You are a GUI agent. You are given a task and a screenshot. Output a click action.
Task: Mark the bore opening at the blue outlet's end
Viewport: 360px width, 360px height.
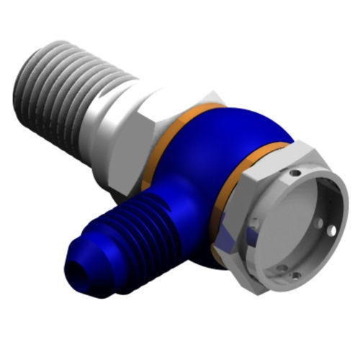(71, 273)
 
